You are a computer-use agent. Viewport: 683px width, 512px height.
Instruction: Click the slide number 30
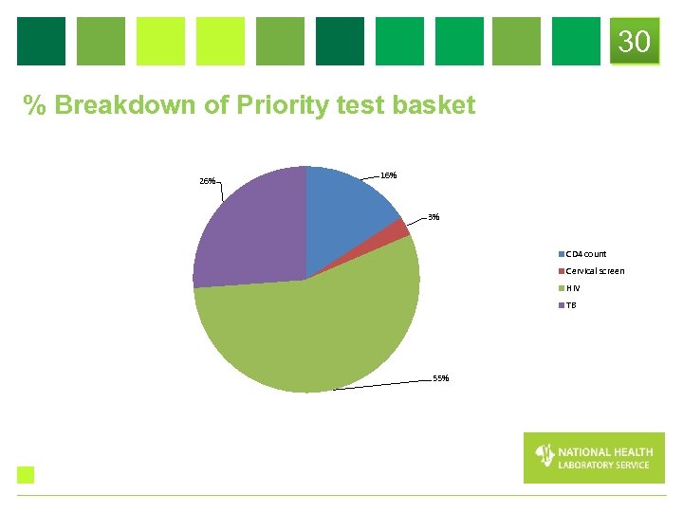point(635,42)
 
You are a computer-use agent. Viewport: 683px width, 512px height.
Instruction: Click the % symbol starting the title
point(36,105)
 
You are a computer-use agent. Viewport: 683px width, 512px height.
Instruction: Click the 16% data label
point(388,175)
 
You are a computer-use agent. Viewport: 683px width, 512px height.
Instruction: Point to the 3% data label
point(434,217)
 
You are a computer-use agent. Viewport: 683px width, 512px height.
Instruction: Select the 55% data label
point(440,378)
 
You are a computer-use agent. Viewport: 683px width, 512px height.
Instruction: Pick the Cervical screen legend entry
point(594,271)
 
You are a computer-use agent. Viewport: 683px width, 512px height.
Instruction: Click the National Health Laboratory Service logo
point(594,458)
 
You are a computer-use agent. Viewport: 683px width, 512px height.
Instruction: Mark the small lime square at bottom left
point(26,475)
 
